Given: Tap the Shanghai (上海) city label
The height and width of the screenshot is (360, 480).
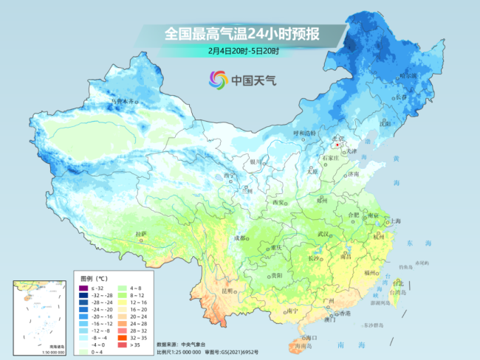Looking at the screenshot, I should click(x=396, y=221).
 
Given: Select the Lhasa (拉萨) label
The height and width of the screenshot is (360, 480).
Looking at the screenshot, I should click(x=140, y=234).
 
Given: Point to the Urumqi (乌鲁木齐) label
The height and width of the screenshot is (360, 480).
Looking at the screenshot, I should click(x=123, y=100).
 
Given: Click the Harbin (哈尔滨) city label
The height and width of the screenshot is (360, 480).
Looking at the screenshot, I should click(x=408, y=76).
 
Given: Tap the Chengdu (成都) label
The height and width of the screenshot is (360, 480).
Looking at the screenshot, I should click(x=240, y=238).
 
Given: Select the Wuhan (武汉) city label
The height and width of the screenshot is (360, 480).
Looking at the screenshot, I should click(x=323, y=234).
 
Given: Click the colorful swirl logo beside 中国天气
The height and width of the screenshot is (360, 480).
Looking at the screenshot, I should click(x=219, y=79).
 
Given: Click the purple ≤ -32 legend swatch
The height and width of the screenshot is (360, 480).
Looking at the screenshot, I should click(x=83, y=288).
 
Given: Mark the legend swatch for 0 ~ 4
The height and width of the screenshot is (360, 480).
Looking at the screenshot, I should click(x=83, y=352).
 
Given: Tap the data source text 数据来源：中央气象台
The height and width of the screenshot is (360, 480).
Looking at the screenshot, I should click(x=185, y=344).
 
